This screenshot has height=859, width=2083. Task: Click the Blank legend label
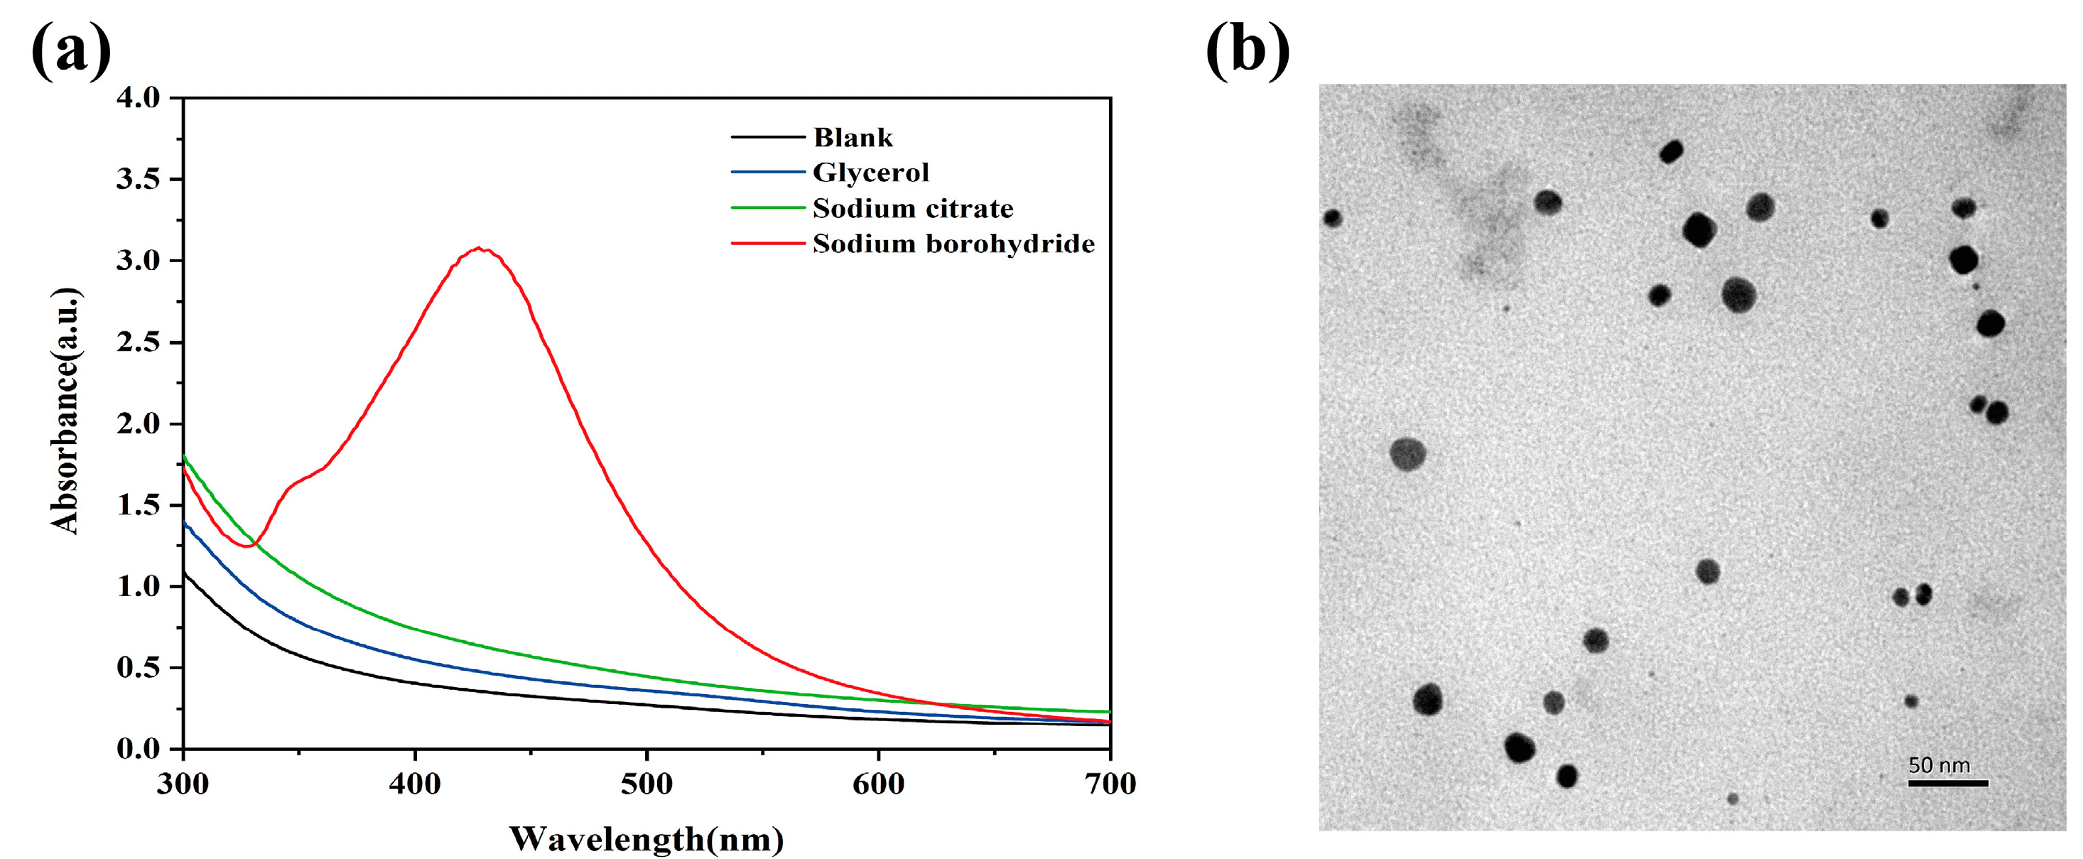click(x=853, y=138)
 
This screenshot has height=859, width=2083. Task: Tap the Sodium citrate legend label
click(x=912, y=209)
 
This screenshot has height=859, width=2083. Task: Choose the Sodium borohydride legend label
click(x=953, y=244)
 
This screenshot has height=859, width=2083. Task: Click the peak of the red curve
click(x=480, y=248)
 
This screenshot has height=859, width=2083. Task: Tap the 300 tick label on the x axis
click(x=183, y=783)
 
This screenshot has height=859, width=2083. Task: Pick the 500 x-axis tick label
click(x=647, y=783)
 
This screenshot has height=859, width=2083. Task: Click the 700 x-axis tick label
click(x=1110, y=783)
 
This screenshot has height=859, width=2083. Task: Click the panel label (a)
click(x=70, y=50)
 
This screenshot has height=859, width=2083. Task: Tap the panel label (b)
click(x=1247, y=50)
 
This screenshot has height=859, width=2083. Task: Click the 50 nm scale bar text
click(x=1939, y=765)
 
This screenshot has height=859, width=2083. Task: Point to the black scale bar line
click(x=1948, y=783)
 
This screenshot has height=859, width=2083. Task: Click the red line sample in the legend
click(x=767, y=244)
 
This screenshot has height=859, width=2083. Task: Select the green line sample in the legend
click(x=767, y=208)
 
